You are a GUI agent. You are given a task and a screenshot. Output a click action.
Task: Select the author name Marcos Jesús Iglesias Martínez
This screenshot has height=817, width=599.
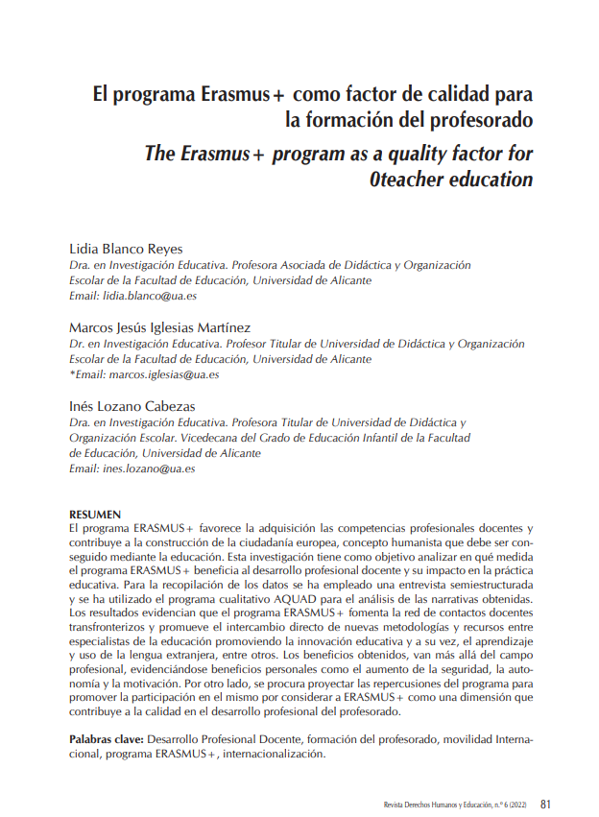click(159, 327)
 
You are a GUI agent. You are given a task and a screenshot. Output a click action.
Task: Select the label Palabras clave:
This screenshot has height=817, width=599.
click(107, 741)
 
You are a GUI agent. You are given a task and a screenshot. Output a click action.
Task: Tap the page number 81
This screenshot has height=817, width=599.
click(545, 804)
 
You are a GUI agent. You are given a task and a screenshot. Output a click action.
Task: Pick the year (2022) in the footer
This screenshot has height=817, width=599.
click(515, 805)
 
